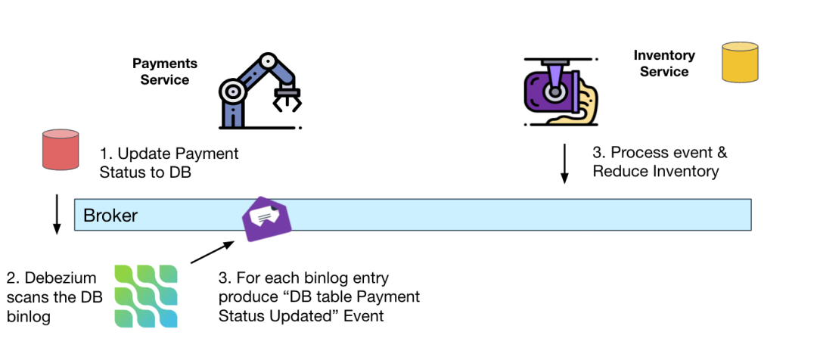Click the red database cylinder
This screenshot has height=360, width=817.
pos(60,150)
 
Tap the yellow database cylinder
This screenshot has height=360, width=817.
pos(740,62)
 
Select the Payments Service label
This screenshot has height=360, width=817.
pos(165,71)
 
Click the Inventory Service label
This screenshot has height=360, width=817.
pos(664,64)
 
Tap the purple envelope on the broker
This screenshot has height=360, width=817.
pos(266,219)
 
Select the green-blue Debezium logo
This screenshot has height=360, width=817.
pos(146,296)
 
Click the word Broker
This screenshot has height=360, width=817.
pos(110,216)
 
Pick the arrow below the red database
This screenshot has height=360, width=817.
pos(56,215)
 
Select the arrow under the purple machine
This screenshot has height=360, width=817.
pos(564,164)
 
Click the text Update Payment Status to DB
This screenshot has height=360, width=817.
pos(169,163)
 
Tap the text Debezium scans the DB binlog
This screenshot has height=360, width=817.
pos(54,297)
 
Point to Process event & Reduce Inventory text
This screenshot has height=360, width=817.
pos(659,162)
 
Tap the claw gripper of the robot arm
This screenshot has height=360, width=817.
pos(287,99)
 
